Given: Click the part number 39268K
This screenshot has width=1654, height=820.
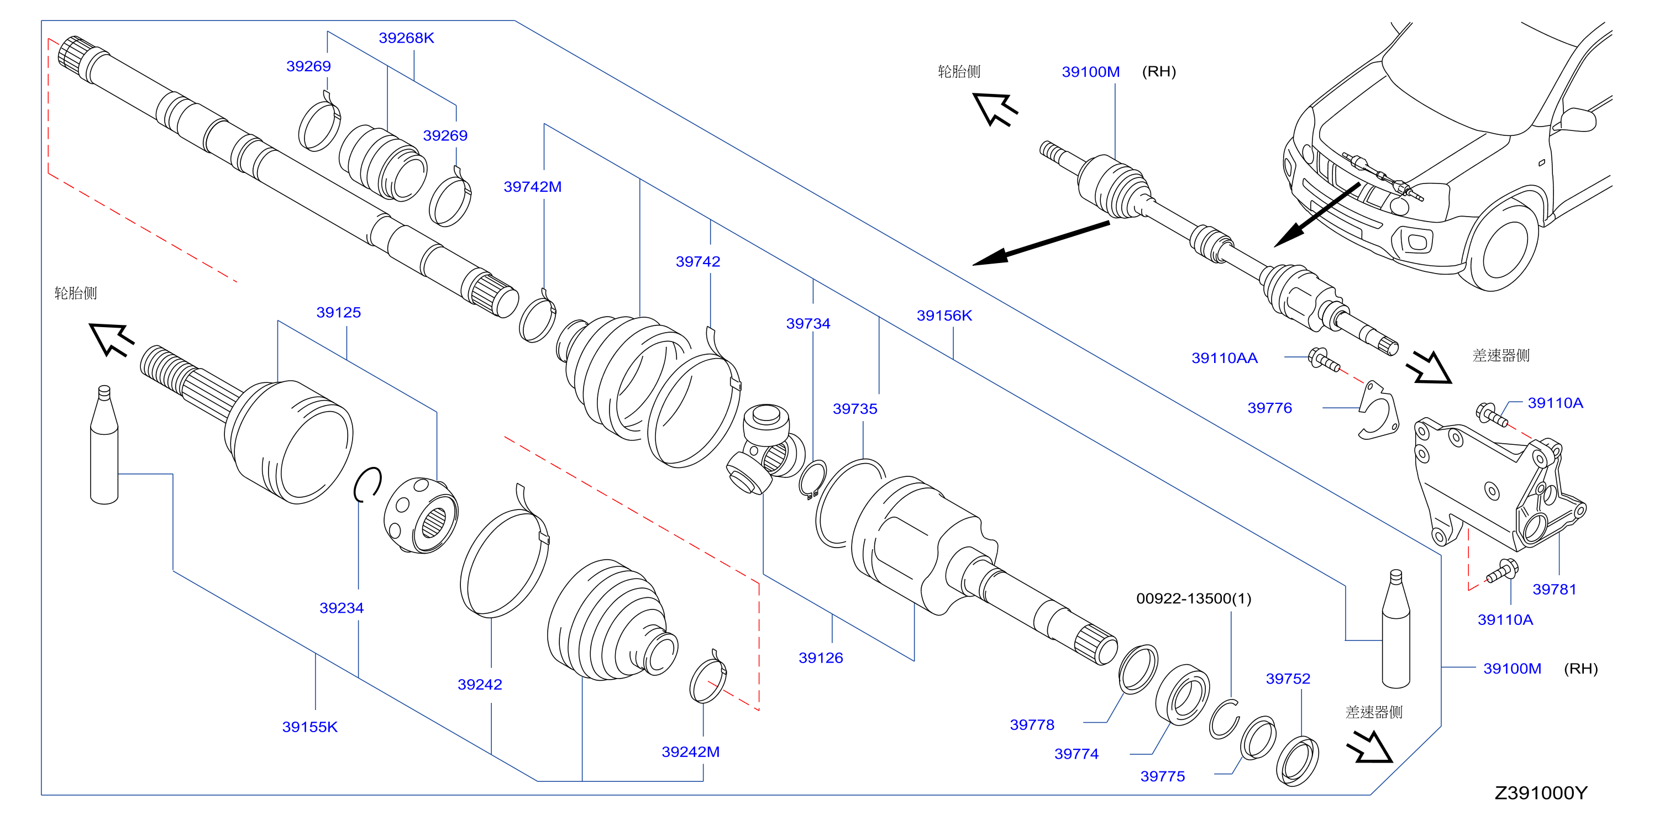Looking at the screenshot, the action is tap(406, 38).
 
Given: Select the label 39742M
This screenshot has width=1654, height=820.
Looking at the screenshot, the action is tap(532, 187).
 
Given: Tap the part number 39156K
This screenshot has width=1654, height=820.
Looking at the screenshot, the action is tap(944, 316).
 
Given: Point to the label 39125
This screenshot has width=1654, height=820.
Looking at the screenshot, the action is tap(338, 313).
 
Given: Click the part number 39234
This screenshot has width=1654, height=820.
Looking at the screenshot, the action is tap(342, 608).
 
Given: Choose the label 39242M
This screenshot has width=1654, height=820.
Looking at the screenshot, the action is tap(690, 752).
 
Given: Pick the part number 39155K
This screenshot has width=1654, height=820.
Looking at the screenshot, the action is tap(309, 727).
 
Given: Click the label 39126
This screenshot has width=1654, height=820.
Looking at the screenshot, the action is tap(821, 658).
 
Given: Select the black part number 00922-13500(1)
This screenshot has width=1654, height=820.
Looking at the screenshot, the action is tap(1194, 598).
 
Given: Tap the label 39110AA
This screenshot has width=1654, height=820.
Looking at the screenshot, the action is tap(1225, 358).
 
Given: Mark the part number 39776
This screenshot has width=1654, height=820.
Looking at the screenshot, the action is tap(1269, 408).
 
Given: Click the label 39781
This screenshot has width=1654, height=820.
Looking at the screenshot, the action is tap(1554, 590).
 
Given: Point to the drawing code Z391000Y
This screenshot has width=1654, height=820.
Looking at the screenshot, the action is tap(1540, 793).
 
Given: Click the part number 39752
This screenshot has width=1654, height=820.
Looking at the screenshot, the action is tap(1288, 679).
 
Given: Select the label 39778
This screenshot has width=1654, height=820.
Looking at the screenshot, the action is tap(1032, 725).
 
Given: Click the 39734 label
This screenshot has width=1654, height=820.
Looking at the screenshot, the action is tap(808, 324).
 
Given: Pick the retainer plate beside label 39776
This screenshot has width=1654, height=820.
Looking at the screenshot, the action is tap(1378, 411).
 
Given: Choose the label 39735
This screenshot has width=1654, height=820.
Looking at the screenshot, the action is tap(854, 409).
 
